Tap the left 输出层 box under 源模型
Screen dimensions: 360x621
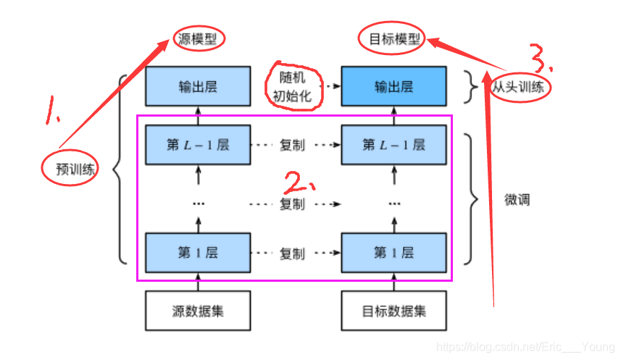click(x=198, y=88)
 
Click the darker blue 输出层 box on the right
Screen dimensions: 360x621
click(x=393, y=88)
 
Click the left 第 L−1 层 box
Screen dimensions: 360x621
click(x=198, y=145)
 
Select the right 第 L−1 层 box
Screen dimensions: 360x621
click(x=393, y=145)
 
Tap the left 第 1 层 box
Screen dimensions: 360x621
click(x=198, y=253)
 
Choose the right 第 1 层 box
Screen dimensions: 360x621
click(x=393, y=253)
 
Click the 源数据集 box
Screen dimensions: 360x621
click(x=198, y=311)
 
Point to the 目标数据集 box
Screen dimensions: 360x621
click(x=393, y=311)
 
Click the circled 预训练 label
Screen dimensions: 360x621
click(x=70, y=169)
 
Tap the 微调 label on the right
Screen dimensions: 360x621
click(x=517, y=199)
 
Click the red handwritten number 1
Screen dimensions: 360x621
click(x=53, y=110)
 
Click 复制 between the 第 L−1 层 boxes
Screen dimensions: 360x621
click(x=292, y=145)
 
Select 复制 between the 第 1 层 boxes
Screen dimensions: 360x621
click(x=292, y=254)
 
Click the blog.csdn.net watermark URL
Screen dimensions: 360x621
click(x=527, y=348)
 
